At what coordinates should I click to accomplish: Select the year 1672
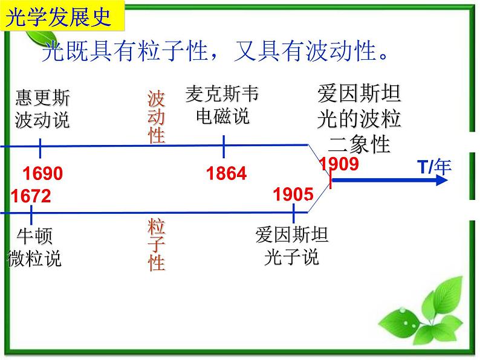(x=31, y=196)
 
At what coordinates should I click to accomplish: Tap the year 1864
(x=227, y=174)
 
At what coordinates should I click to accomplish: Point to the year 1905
(x=293, y=194)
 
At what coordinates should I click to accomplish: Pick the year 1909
(x=339, y=164)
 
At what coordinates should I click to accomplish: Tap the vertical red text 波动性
(x=157, y=117)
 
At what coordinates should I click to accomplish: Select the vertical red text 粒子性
(x=157, y=245)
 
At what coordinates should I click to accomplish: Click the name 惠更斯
(x=42, y=98)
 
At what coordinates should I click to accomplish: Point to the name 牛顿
(x=34, y=236)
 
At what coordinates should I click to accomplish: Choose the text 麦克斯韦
(x=222, y=94)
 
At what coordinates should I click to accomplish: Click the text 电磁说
(x=222, y=116)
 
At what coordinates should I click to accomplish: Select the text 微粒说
(x=34, y=259)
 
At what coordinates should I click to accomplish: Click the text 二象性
(x=359, y=144)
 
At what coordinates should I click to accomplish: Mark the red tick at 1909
(x=331, y=178)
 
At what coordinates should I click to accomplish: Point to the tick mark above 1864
(x=224, y=146)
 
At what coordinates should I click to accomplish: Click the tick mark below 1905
(x=294, y=213)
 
